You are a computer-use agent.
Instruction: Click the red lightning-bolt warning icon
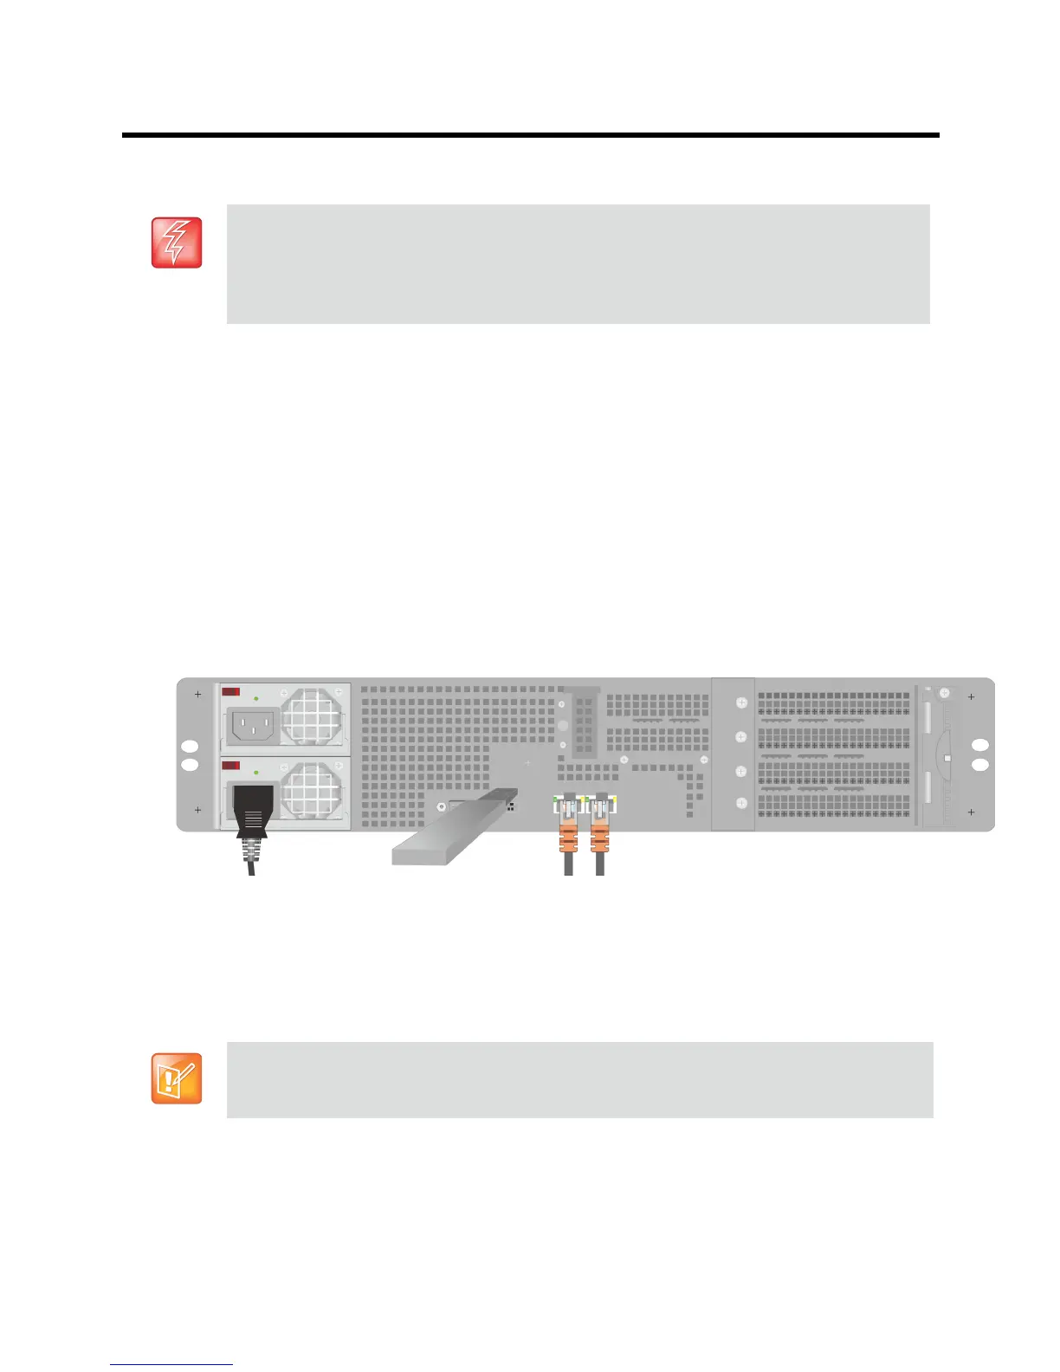click(177, 243)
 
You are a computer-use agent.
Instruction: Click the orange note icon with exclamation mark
click(177, 1078)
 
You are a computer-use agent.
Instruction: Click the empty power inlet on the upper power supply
click(254, 726)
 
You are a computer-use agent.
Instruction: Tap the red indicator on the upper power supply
click(231, 691)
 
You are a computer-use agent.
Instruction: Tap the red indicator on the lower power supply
click(231, 766)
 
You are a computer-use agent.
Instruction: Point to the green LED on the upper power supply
click(256, 698)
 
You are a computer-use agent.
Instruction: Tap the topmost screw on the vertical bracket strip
click(741, 702)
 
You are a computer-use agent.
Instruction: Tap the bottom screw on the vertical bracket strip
click(741, 804)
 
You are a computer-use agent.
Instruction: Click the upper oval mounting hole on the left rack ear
click(190, 747)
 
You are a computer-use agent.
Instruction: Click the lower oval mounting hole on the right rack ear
click(980, 765)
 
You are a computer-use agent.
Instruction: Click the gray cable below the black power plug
click(251, 861)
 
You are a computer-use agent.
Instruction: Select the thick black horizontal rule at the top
click(530, 136)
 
